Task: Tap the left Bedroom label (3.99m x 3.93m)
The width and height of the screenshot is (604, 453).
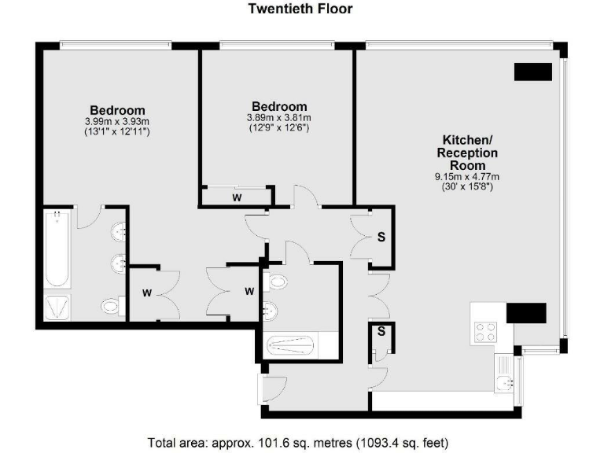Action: (117, 110)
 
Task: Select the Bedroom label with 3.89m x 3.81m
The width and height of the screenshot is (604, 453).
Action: (278, 106)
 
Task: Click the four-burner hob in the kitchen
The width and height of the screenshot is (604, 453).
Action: (484, 331)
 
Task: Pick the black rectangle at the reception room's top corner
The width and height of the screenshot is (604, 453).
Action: (532, 72)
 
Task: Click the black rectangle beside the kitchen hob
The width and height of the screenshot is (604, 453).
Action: (525, 313)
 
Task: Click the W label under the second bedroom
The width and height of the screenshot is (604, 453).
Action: (237, 197)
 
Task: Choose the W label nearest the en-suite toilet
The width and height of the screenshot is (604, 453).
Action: (146, 293)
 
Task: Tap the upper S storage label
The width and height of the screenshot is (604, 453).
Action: (381, 236)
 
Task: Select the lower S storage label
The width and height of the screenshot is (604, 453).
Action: (381, 332)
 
